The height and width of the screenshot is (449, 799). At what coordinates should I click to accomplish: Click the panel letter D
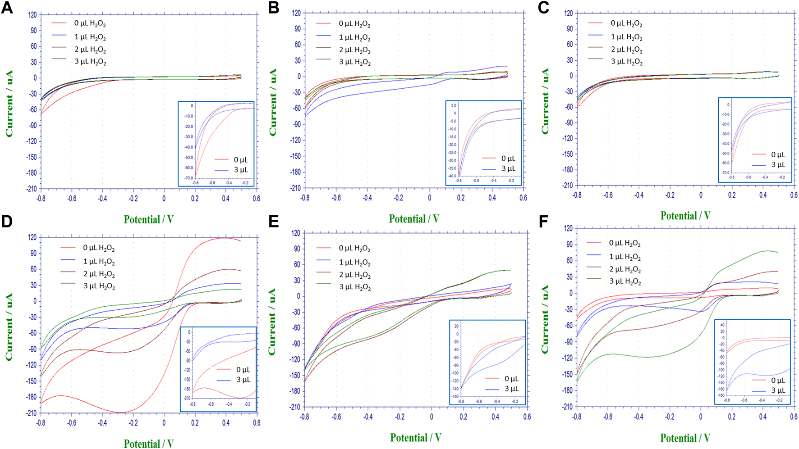[7, 222]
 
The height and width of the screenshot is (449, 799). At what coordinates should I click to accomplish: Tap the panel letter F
[544, 222]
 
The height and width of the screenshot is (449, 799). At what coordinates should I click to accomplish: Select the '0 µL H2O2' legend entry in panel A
[90, 23]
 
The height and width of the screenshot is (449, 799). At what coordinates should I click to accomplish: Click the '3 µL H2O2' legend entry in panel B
[354, 62]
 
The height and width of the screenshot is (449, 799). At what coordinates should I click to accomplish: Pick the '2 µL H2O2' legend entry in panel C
[626, 50]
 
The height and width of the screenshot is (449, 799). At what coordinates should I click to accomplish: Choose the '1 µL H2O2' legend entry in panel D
[99, 262]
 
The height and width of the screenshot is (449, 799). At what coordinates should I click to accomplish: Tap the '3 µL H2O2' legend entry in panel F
[625, 281]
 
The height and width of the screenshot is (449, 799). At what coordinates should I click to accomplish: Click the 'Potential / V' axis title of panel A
[148, 219]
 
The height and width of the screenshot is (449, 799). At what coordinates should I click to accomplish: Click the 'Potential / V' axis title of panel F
[685, 438]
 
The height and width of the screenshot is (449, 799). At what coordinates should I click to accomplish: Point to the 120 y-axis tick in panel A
[32, 15]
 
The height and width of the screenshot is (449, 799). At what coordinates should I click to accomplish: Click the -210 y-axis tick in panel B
[296, 188]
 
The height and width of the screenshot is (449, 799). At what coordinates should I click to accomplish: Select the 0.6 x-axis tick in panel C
[793, 195]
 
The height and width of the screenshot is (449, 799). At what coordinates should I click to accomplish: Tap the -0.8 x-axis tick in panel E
[305, 417]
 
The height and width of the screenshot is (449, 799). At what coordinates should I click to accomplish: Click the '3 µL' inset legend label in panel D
[243, 380]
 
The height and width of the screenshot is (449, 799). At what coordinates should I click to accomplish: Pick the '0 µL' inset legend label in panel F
[778, 381]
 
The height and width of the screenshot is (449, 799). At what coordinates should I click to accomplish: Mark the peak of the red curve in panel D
[224, 238]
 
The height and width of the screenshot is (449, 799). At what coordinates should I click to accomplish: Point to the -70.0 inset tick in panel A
[188, 178]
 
